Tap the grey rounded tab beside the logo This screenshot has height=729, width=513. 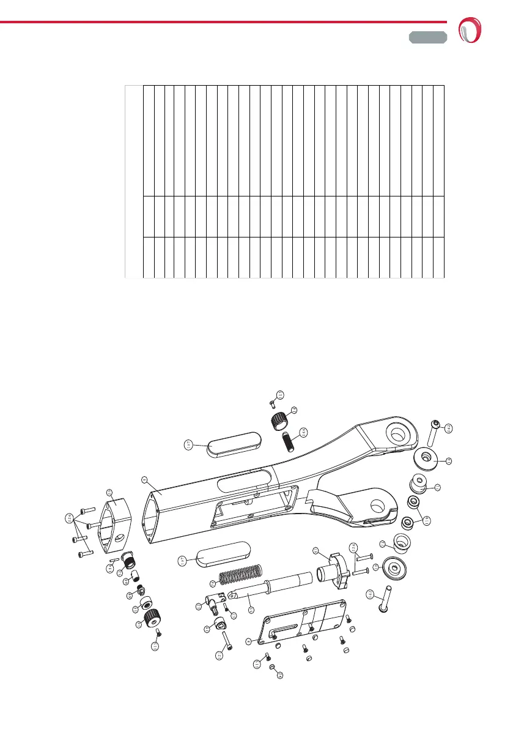428,37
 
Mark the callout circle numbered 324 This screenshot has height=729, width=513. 353,548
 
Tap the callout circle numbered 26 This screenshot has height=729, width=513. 280,675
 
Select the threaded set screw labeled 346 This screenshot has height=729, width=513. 288,441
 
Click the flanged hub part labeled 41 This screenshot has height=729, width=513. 335,566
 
